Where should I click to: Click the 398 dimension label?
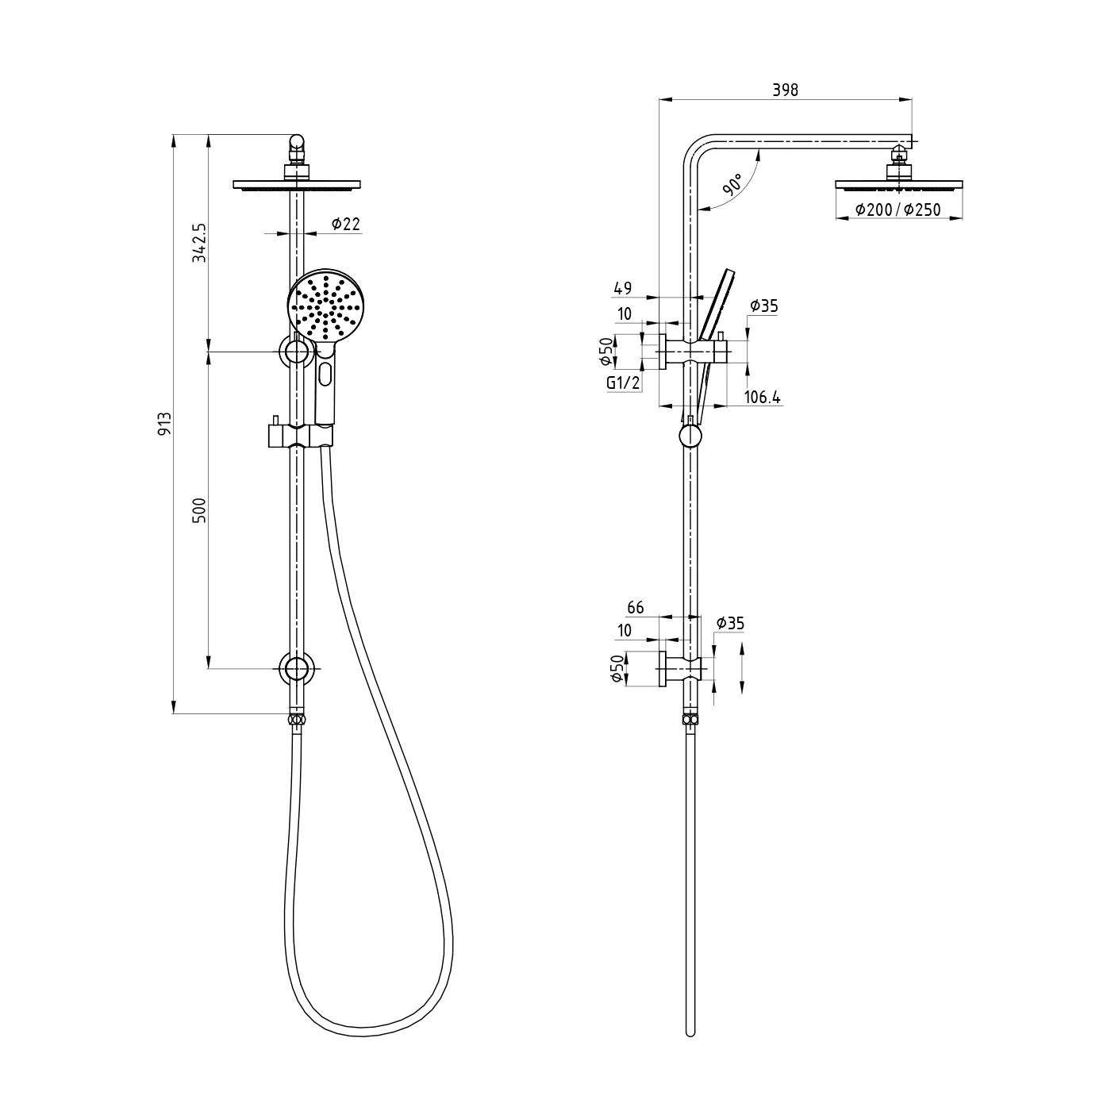pyautogui.click(x=785, y=90)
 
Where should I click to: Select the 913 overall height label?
pyautogui.click(x=165, y=424)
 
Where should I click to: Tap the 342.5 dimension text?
pyautogui.click(x=199, y=243)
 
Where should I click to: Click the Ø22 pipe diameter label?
pyautogui.click(x=345, y=225)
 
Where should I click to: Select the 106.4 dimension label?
pyautogui.click(x=763, y=398)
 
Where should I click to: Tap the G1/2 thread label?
pyautogui.click(x=623, y=383)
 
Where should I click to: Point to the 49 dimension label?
pyautogui.click(x=622, y=289)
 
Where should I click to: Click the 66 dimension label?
pyautogui.click(x=636, y=608)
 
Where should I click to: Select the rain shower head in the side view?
pyautogui.click(x=898, y=186)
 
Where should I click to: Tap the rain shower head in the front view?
pyautogui.click(x=296, y=186)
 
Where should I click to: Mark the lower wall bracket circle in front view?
pyautogui.click(x=296, y=669)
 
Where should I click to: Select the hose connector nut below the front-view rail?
pyautogui.click(x=296, y=721)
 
